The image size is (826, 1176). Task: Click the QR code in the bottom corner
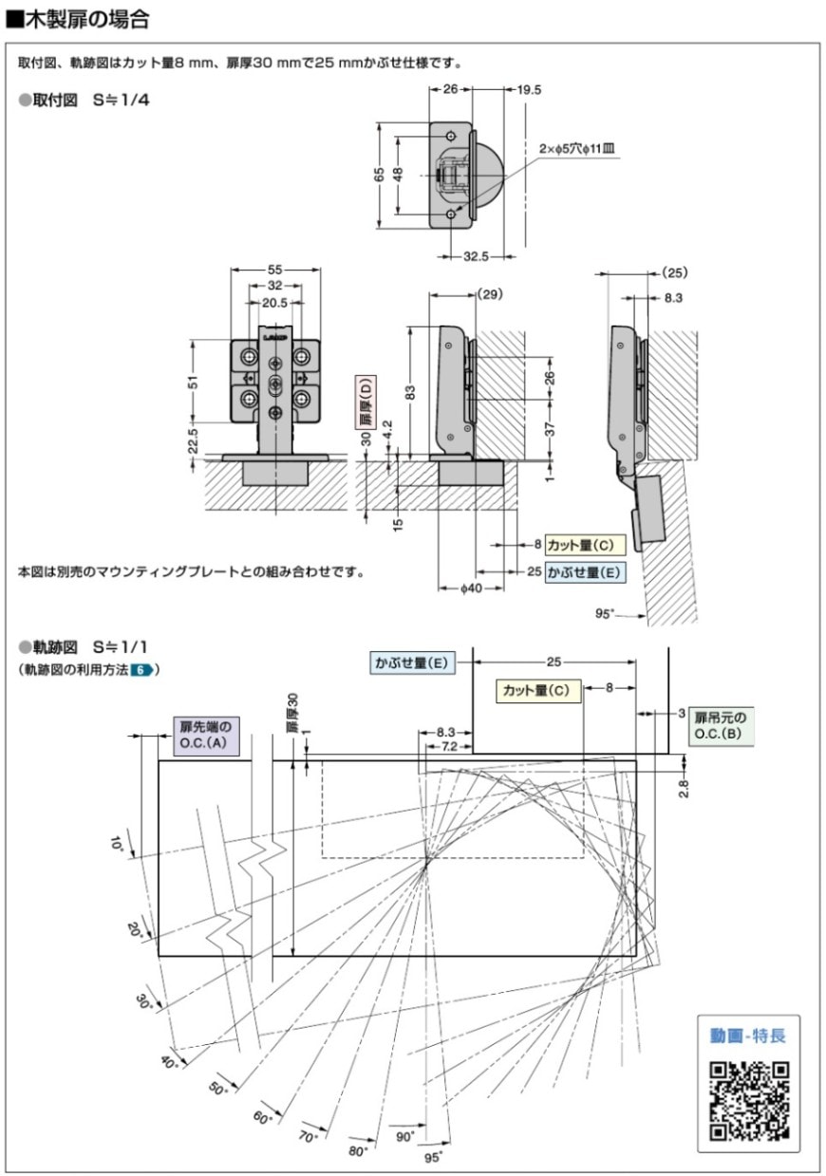coord(749,1099)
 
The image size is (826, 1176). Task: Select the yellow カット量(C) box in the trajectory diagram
coord(538,690)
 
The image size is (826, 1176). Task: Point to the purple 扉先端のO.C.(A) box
coord(206,735)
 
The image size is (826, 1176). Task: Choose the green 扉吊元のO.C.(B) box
coord(721,726)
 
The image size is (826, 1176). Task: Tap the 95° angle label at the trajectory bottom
coord(433,1156)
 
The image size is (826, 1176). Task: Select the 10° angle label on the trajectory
coord(116,844)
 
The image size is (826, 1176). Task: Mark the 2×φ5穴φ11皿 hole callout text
coord(576,149)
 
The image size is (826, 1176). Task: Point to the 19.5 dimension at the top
coord(529,90)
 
